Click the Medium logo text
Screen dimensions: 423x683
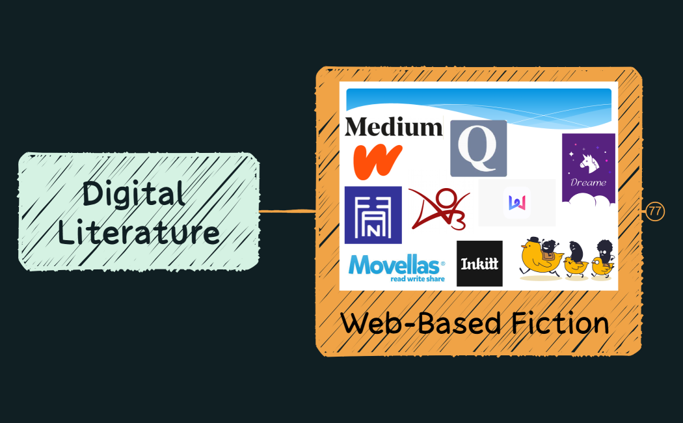pos(394,126)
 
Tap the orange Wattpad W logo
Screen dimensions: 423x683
pos(378,162)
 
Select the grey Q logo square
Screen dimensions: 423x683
pos(478,148)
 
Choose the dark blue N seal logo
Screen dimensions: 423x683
pos(373,215)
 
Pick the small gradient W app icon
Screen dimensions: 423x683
pos(516,202)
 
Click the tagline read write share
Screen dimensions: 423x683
pos(417,278)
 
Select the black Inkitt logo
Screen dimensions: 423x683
pos(479,264)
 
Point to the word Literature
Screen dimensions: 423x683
pos(139,232)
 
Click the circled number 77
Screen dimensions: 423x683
pos(655,211)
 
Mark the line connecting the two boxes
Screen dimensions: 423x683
pos(287,211)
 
